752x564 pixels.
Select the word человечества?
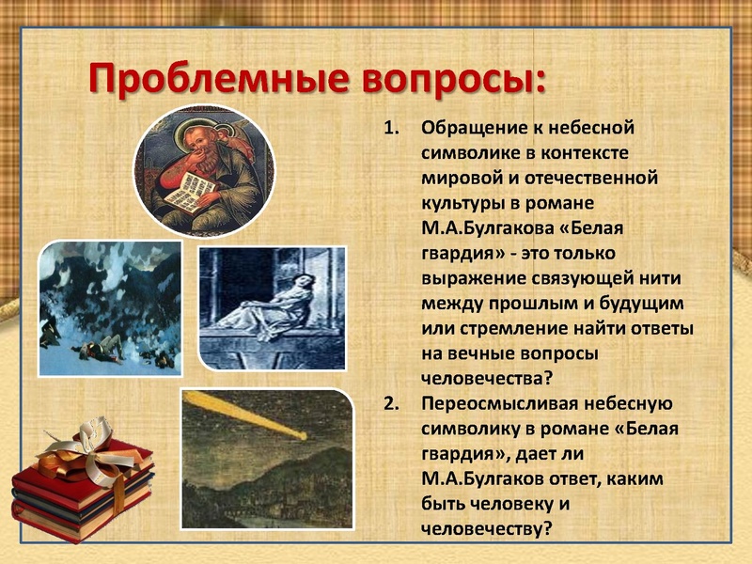(487, 378)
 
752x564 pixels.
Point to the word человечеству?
(486, 528)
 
